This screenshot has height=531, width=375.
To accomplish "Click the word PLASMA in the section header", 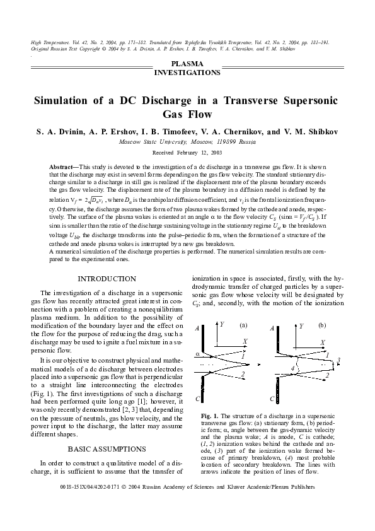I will (187, 64).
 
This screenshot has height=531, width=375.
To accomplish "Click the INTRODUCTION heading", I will (107, 279).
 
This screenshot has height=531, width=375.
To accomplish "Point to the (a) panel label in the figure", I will (243, 325).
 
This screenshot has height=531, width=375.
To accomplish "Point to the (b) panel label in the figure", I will (322, 325).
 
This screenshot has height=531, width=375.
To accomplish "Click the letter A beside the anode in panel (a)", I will (197, 329).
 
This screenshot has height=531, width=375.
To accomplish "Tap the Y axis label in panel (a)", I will (222, 324).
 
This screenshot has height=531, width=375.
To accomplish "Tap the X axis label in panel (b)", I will (323, 342).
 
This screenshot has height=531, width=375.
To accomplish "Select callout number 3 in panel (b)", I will (339, 360).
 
